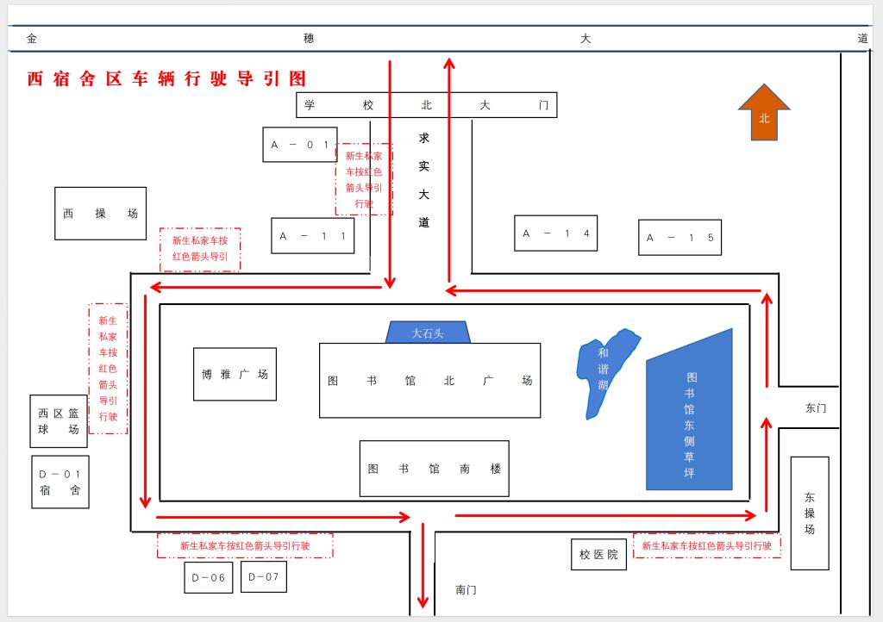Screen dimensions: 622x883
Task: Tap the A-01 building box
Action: (x=299, y=145)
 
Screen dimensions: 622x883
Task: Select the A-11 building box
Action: (x=312, y=236)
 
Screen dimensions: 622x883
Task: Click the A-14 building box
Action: (x=555, y=233)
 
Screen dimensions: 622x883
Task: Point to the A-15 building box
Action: (x=679, y=238)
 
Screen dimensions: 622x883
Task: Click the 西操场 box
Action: (x=100, y=214)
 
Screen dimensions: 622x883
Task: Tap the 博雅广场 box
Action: (x=235, y=375)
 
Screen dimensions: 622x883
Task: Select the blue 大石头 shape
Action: (x=428, y=333)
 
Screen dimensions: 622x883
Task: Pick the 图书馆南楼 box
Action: (x=434, y=469)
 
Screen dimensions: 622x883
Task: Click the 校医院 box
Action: (x=598, y=555)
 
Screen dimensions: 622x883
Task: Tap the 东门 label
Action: (x=816, y=408)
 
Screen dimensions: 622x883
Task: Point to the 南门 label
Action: (x=466, y=590)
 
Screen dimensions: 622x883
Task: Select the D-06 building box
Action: (x=209, y=577)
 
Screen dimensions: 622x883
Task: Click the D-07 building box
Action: (x=264, y=576)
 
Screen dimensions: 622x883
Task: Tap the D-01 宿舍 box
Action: (x=59, y=482)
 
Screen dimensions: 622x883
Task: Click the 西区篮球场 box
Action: (x=59, y=421)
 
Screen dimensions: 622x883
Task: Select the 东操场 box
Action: (x=810, y=513)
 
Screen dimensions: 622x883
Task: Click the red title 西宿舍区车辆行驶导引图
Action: (x=166, y=79)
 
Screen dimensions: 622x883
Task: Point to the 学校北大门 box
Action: (x=426, y=105)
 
